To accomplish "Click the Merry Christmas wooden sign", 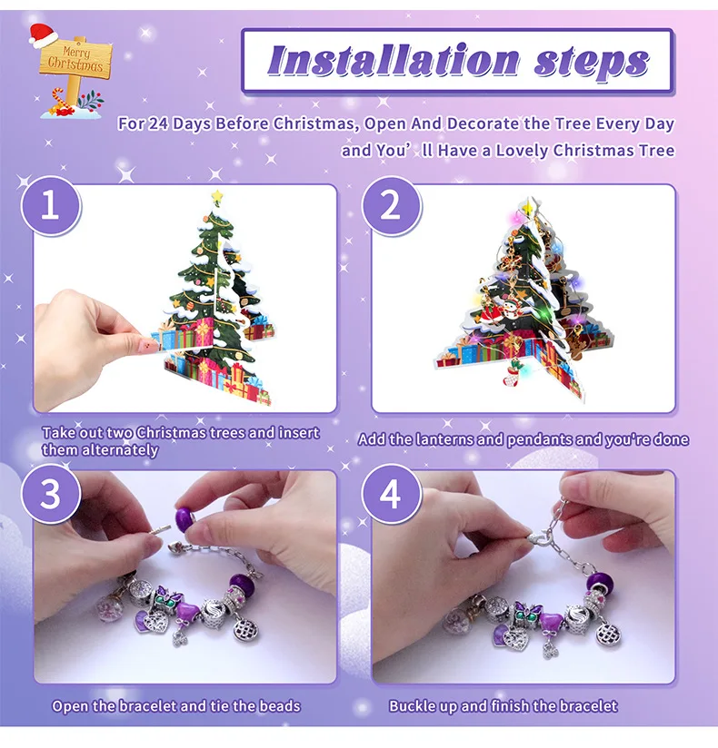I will click(x=75, y=59).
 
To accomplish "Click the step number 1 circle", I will click(x=51, y=206).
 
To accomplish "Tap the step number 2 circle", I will click(x=391, y=206).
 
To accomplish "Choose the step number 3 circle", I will click(x=51, y=495).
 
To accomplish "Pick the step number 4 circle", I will click(x=391, y=495).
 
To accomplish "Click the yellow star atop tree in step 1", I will click(x=217, y=195).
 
